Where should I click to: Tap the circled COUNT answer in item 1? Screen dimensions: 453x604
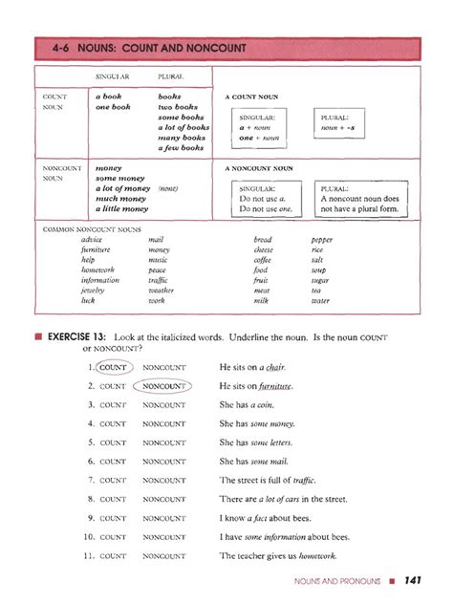pyautogui.click(x=113, y=367)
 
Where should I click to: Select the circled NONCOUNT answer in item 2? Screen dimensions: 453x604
pyautogui.click(x=163, y=386)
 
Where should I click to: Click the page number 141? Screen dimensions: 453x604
pyautogui.click(x=413, y=580)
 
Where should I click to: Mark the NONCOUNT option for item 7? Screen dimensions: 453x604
pyautogui.click(x=163, y=480)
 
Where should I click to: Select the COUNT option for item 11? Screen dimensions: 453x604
pyautogui.click(x=113, y=555)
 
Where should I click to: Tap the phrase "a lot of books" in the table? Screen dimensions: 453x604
pyautogui.click(x=183, y=127)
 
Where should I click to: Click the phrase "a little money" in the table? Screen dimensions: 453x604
pyautogui.click(x=121, y=208)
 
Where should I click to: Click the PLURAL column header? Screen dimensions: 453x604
pyautogui.click(x=171, y=75)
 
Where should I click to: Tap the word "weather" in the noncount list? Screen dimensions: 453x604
pyautogui.click(x=162, y=291)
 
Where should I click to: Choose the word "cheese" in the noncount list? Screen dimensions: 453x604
pyautogui.click(x=263, y=249)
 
